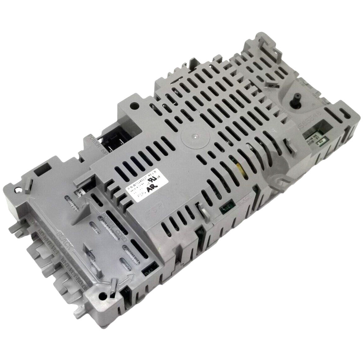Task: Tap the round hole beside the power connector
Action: coord(134,106)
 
